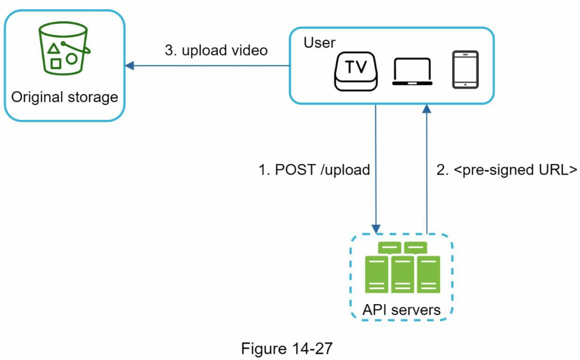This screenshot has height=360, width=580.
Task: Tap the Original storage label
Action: coord(65,97)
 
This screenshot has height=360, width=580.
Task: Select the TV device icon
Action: coord(355,69)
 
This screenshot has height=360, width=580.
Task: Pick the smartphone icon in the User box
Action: coord(465,69)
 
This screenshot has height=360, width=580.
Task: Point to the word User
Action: coord(320,43)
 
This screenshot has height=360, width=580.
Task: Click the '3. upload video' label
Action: coord(216,50)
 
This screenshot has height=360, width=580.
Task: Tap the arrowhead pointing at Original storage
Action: coord(129,66)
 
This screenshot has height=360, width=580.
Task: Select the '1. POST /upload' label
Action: coord(314,170)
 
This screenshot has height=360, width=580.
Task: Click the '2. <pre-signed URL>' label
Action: coord(507,170)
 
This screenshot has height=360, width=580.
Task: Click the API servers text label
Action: coord(401,310)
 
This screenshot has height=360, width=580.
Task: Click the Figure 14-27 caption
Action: coord(286,349)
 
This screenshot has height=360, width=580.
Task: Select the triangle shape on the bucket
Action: coord(54,49)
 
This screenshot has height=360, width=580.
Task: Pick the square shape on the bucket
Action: coord(55,63)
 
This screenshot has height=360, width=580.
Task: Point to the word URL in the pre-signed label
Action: coord(552,170)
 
